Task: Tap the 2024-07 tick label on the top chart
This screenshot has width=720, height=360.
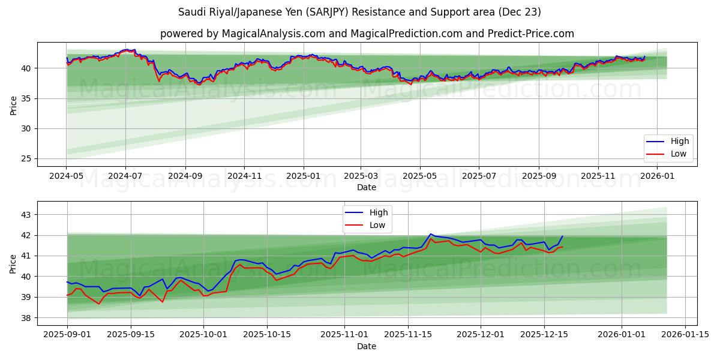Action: pyautogui.click(x=125, y=176)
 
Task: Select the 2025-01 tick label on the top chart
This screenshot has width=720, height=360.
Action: pyautogui.click(x=303, y=176)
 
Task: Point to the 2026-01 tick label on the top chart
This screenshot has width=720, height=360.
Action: pyautogui.click(x=657, y=176)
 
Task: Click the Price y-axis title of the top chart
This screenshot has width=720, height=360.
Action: pyautogui.click(x=13, y=105)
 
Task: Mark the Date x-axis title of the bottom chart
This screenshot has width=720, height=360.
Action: pyautogui.click(x=367, y=346)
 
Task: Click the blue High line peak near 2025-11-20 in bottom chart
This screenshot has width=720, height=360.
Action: pyautogui.click(x=431, y=234)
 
